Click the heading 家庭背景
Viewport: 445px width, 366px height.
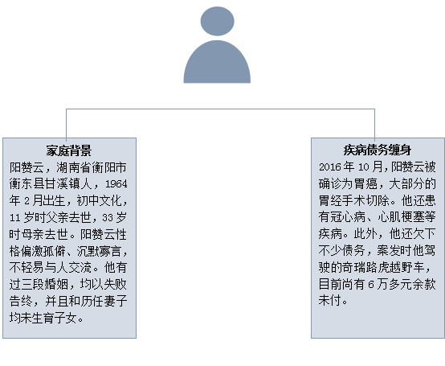tap(69, 150)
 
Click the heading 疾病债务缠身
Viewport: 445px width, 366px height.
tap(378, 150)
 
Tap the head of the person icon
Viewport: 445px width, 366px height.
tap(218, 21)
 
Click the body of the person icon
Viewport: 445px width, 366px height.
tap(217, 62)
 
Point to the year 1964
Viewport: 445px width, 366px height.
tap(116, 184)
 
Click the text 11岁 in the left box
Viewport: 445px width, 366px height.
tap(22, 218)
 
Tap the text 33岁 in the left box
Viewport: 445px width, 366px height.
tap(114, 218)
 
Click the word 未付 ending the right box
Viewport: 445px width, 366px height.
tap(330, 300)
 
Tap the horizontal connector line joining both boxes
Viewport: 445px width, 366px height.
tap(221, 109)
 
